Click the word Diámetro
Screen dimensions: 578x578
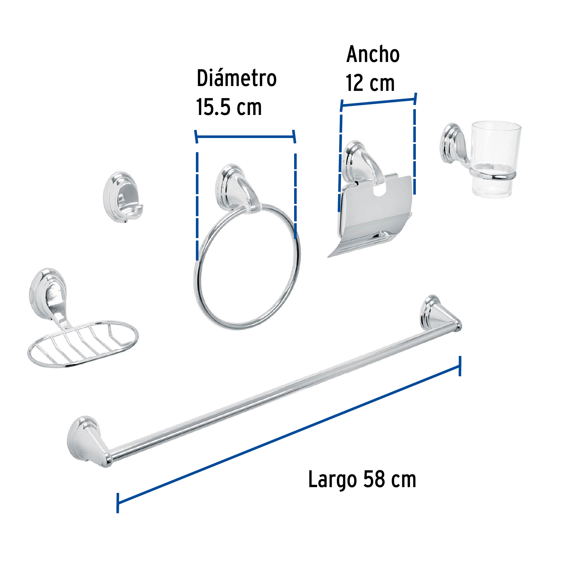point(236,78)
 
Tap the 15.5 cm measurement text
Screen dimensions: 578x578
point(229,107)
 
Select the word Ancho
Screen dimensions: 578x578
point(373,54)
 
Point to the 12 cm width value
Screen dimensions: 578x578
point(370,83)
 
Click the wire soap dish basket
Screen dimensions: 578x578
point(83,344)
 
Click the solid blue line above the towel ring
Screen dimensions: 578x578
point(246,137)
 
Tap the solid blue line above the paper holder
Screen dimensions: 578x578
point(378,102)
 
